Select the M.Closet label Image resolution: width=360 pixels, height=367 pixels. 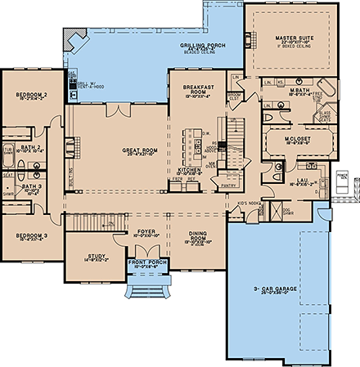295,139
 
